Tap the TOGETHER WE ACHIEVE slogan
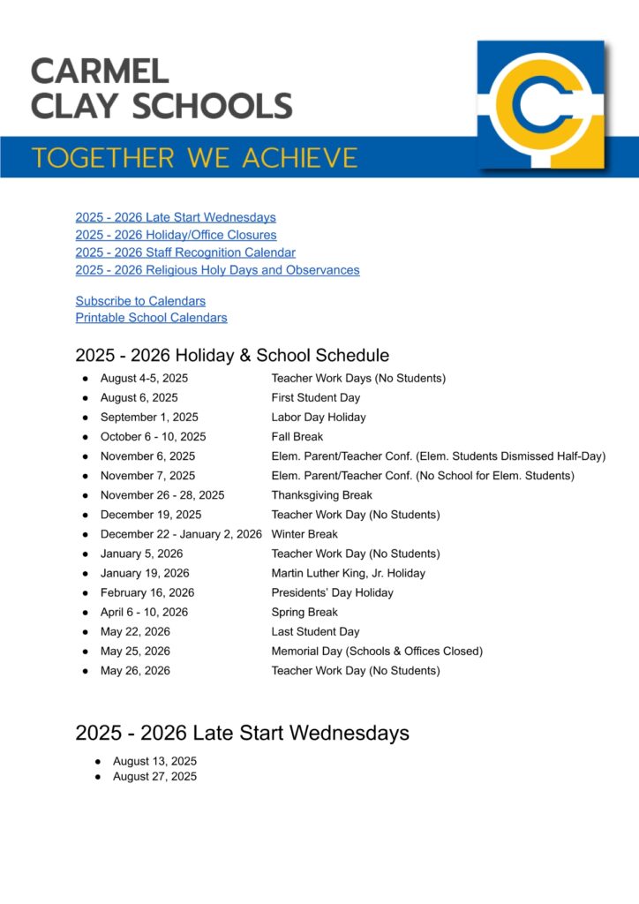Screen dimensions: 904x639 click(x=195, y=158)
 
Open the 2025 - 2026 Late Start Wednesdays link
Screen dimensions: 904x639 click(x=176, y=217)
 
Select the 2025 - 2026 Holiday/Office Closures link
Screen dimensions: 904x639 click(x=176, y=235)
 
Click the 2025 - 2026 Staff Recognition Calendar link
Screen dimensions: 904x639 click(x=185, y=252)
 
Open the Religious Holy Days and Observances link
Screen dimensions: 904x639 click(x=217, y=270)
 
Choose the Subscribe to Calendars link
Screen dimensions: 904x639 click(x=140, y=301)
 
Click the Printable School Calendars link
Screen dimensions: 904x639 click(x=151, y=318)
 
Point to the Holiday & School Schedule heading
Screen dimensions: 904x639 click(x=232, y=356)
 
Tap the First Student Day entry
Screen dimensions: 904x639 click(x=316, y=398)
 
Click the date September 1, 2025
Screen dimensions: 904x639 click(x=149, y=418)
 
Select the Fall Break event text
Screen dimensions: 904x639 click(x=297, y=437)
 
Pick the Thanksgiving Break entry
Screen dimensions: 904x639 click(x=322, y=495)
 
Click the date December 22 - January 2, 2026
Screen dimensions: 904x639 click(x=181, y=534)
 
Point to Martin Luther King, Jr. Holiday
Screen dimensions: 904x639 click(x=348, y=573)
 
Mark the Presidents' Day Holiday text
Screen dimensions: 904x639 click(x=333, y=592)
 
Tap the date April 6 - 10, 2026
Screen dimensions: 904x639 click(x=144, y=612)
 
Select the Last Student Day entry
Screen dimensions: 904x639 click(x=315, y=632)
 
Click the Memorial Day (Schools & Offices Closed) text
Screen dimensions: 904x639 click(x=377, y=652)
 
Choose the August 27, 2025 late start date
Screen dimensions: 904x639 click(x=154, y=777)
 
